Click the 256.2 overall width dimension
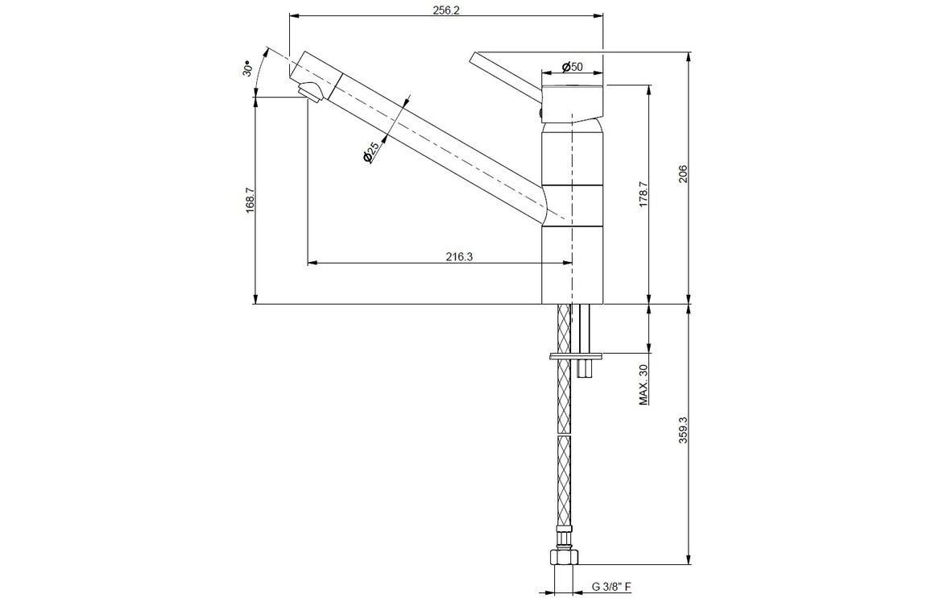point(446,10)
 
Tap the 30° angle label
point(248,69)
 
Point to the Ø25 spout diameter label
point(370,153)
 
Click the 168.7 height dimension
point(250,200)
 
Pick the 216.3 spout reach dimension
point(459,257)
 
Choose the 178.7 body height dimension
point(643,194)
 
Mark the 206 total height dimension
point(683,173)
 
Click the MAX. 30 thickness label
point(643,384)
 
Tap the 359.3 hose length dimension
point(683,430)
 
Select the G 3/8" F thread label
point(611,588)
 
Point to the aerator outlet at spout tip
point(309,92)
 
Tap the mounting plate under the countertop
point(577,357)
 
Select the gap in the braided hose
point(565,434)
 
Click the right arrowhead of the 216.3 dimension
point(568,262)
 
